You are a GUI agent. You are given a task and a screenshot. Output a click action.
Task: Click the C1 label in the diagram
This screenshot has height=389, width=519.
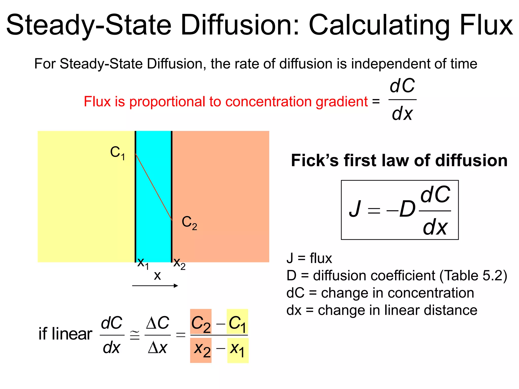click(x=118, y=153)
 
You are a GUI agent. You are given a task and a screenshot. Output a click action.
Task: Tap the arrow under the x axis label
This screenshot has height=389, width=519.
click(x=155, y=286)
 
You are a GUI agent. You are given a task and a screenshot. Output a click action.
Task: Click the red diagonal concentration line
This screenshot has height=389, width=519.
click(x=154, y=187)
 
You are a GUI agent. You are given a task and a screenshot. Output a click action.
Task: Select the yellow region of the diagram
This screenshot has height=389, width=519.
click(x=86, y=196)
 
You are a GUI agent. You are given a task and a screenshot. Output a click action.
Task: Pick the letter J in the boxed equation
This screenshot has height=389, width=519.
click(x=355, y=209)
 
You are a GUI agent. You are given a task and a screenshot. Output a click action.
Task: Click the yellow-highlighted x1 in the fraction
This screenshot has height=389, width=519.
click(x=237, y=350)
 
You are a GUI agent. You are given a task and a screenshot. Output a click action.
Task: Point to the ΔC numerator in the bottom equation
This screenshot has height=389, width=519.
click(x=158, y=323)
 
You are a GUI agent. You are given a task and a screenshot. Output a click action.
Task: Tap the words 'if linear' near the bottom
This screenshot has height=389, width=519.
click(x=65, y=334)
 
